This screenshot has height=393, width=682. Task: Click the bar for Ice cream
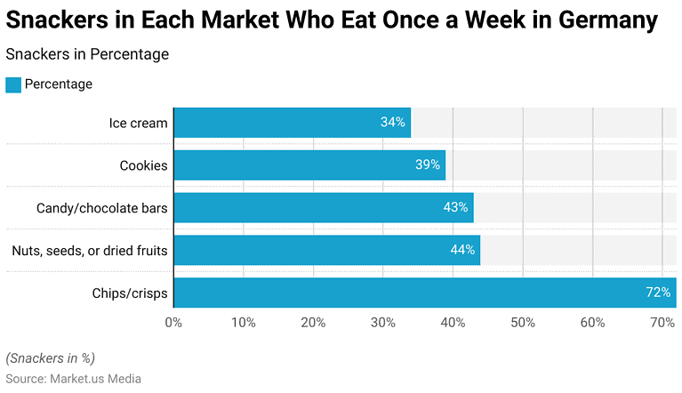pos(292,123)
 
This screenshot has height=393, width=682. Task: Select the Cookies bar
pos(309,165)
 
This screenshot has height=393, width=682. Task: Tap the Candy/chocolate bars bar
pos(323,208)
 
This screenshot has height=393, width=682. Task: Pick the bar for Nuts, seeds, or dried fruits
pos(326,250)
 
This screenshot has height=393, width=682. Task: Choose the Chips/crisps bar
pos(424,293)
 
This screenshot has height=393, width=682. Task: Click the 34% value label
pos(393,123)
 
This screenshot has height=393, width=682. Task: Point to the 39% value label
pos(428,165)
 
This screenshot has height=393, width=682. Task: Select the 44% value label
pos(462,250)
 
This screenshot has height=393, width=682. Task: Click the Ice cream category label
pos(138,123)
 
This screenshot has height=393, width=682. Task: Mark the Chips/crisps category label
pos(130,293)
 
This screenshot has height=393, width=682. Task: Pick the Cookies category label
pos(143,165)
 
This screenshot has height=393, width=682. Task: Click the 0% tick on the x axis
pos(173,322)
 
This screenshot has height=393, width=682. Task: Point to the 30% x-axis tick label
pos(383,322)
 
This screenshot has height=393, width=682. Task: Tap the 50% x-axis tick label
pos(523,322)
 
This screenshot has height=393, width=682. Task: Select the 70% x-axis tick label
pos(662,322)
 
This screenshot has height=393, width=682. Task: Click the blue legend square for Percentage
pos(13,84)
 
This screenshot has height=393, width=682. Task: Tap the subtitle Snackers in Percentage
pos(87,54)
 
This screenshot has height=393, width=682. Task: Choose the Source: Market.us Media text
pos(74,379)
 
